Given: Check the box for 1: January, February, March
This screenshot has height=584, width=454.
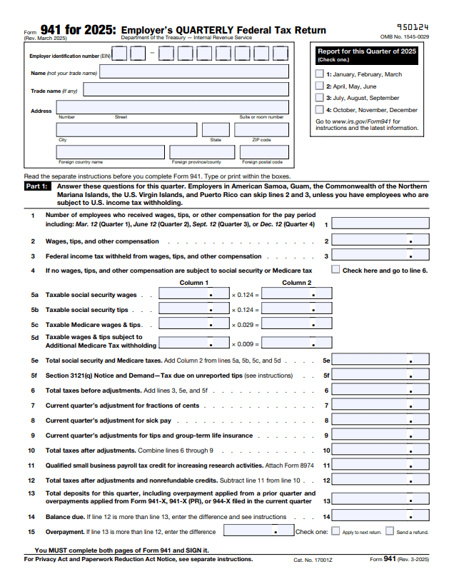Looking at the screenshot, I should (x=319, y=74).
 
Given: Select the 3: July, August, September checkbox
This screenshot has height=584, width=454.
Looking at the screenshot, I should (x=319, y=98).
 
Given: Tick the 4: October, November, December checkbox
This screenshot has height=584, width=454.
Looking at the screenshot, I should (x=319, y=110).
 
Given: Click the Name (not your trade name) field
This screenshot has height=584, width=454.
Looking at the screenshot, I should (x=195, y=72).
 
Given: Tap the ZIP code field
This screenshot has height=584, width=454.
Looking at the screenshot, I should (x=265, y=129).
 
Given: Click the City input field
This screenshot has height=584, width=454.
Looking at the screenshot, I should (x=126, y=129).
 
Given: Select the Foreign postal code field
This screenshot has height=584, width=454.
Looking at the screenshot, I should (x=265, y=151).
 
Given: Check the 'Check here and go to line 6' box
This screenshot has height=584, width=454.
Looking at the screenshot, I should (x=336, y=270).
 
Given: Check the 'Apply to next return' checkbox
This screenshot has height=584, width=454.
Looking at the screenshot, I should (x=336, y=531).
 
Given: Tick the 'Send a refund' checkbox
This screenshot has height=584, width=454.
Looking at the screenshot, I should (x=390, y=531).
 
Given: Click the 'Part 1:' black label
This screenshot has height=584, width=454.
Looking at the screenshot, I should (x=37, y=186).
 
